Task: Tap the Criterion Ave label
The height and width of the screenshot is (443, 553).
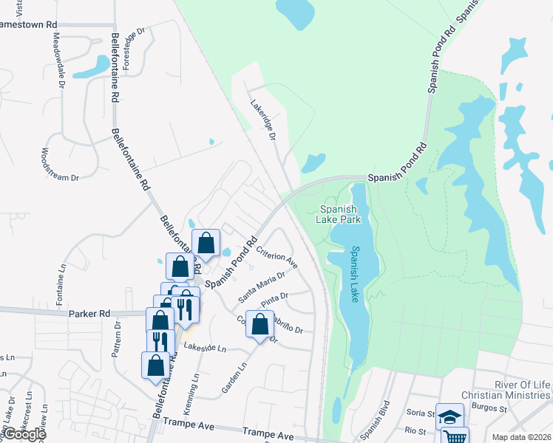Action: (276, 258)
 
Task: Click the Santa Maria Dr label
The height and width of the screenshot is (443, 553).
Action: (262, 286)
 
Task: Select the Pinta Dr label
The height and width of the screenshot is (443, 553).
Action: (273, 298)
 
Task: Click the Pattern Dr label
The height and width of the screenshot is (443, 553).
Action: (116, 339)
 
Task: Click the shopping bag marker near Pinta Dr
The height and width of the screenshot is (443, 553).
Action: (259, 323)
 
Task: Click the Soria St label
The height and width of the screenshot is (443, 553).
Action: (418, 413)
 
